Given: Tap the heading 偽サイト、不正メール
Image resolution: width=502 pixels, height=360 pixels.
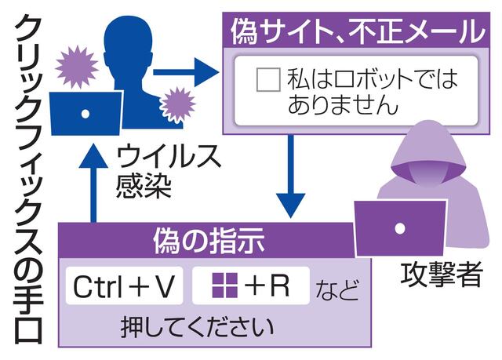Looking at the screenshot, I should tap(356, 33).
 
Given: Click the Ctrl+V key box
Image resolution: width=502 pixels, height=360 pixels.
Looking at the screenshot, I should tap(124, 288).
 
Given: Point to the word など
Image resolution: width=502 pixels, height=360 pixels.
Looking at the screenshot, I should tap(337, 290).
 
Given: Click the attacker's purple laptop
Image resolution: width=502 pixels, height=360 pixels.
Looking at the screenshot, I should tap(400, 227).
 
